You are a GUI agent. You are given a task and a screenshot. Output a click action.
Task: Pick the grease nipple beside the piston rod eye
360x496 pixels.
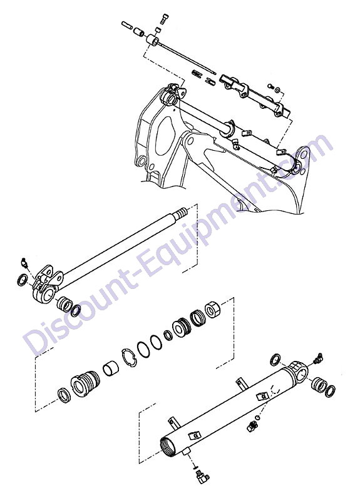(x=24, y=262)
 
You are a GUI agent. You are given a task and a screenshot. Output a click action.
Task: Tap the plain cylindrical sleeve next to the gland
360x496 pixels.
(x=110, y=368)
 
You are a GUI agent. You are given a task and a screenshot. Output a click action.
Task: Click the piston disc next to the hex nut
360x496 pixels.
(x=182, y=326)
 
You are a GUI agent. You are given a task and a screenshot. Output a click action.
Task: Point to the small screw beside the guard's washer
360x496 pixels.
(x=270, y=86)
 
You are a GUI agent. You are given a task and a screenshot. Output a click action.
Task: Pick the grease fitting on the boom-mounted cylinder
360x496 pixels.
(x=235, y=144)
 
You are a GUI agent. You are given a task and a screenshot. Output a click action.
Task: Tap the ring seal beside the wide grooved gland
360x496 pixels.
(x=64, y=395)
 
